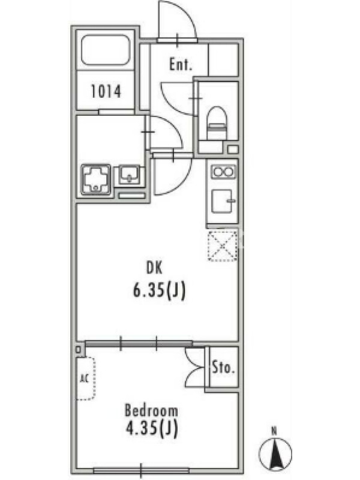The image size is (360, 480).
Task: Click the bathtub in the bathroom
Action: (x=106, y=50)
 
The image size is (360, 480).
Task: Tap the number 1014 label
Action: (x=106, y=91)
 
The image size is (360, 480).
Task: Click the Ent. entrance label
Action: (x=181, y=65)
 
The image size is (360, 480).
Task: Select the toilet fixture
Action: (x=218, y=123)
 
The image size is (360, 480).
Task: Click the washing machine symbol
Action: (x=96, y=180)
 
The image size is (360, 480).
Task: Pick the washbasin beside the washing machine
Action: (x=129, y=175)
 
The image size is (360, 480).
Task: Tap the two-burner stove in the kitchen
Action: (x=223, y=172)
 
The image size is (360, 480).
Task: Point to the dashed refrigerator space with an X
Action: (x=223, y=246)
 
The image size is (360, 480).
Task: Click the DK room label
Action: (x=154, y=268)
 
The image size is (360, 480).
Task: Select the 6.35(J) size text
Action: (x=159, y=291)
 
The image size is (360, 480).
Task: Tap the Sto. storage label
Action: (x=223, y=368)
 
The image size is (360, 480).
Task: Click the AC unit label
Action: (x=84, y=379)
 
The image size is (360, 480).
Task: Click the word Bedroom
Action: (x=151, y=410)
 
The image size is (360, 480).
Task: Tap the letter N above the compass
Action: (x=275, y=432)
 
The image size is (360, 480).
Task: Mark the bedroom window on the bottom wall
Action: (x=142, y=470)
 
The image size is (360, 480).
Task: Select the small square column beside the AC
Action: (x=79, y=350)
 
